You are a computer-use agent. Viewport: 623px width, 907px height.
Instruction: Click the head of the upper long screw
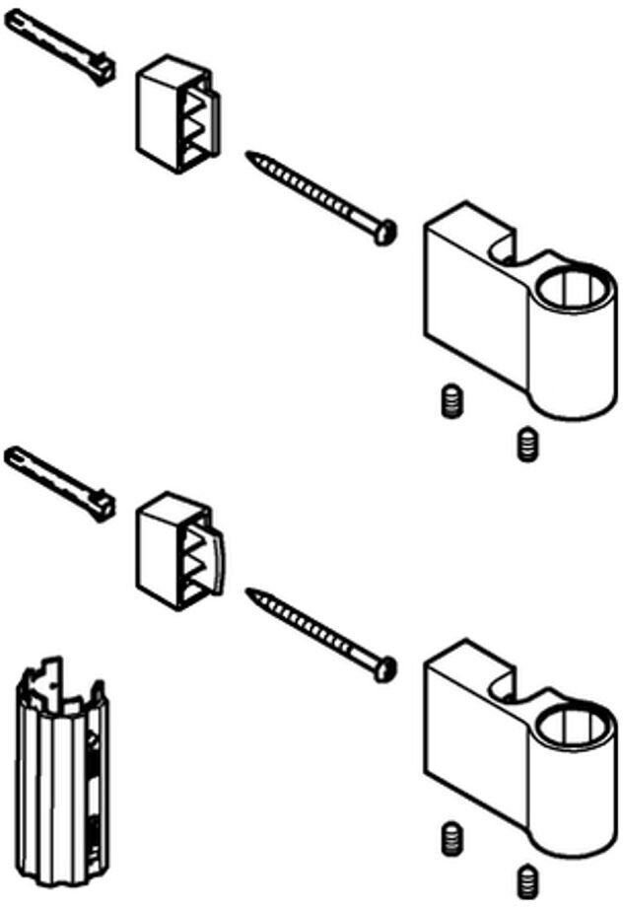tap(385, 232)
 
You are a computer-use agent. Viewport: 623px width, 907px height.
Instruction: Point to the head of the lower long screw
tap(385, 668)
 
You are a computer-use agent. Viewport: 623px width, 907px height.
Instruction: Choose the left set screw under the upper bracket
tap(450, 402)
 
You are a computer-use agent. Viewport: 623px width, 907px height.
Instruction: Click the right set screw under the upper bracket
tap(527, 444)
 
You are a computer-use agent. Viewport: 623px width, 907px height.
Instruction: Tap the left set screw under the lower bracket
tap(450, 839)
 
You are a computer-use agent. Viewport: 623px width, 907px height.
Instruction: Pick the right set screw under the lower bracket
tap(527, 880)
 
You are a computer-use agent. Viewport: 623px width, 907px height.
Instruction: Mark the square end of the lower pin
tap(102, 506)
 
